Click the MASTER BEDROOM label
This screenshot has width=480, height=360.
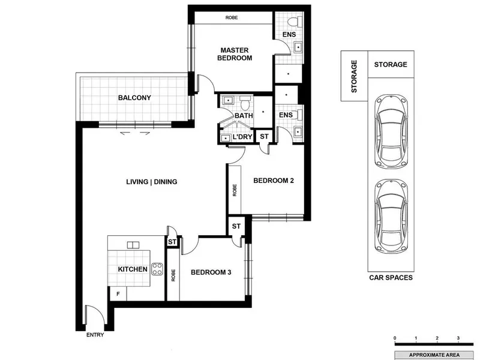(x=235, y=54)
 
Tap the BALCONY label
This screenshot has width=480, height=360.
(x=134, y=98)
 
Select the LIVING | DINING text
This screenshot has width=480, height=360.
(x=152, y=182)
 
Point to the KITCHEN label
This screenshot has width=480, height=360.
(x=133, y=269)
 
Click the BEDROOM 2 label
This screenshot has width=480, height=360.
(x=274, y=181)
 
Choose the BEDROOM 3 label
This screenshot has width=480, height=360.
(x=211, y=272)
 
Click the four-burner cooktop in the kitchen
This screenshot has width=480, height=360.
(x=157, y=269)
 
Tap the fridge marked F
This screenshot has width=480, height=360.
(x=118, y=294)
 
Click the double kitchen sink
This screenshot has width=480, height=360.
(x=133, y=245)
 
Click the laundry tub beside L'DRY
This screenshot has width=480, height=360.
(x=226, y=139)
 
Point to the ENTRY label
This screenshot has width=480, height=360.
(x=95, y=335)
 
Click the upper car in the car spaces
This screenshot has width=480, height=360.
(x=391, y=131)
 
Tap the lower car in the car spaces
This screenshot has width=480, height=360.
(x=391, y=216)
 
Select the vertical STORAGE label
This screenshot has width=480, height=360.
(x=354, y=77)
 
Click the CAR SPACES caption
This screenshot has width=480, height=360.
(x=391, y=278)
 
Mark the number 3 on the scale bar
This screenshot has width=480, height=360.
(x=458, y=338)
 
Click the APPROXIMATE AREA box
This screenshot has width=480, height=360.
(x=434, y=355)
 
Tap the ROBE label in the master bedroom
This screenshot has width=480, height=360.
(x=232, y=18)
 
